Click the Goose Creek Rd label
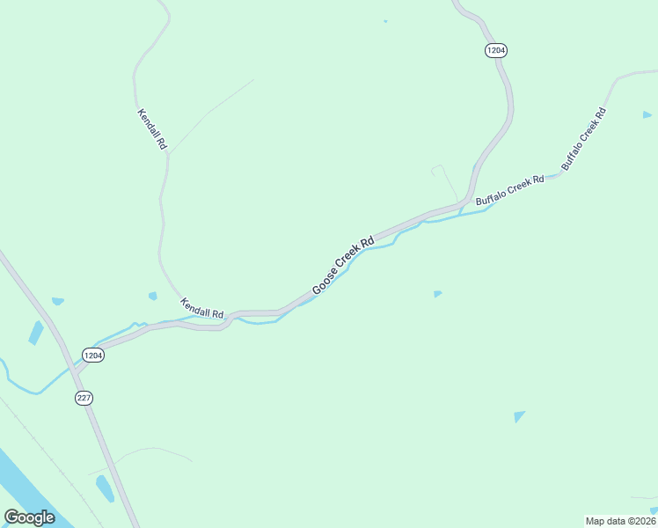pyautogui.click(x=343, y=265)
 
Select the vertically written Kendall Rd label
pyautogui.click(x=152, y=128)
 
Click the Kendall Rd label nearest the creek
pyautogui.click(x=202, y=308)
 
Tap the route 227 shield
pyautogui.click(x=84, y=398)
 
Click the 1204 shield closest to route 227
pyautogui.click(x=93, y=355)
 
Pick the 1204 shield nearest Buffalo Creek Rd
pyautogui.click(x=495, y=51)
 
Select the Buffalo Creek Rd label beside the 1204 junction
pyautogui.click(x=510, y=190)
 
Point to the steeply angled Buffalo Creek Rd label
pyautogui.click(x=584, y=138)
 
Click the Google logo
pyautogui.click(x=29, y=517)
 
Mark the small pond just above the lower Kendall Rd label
pyautogui.click(x=153, y=296)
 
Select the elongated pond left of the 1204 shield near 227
pyautogui.click(x=36, y=333)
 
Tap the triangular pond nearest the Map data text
pyautogui.click(x=519, y=416)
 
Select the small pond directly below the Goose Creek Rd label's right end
pyautogui.click(x=437, y=293)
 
